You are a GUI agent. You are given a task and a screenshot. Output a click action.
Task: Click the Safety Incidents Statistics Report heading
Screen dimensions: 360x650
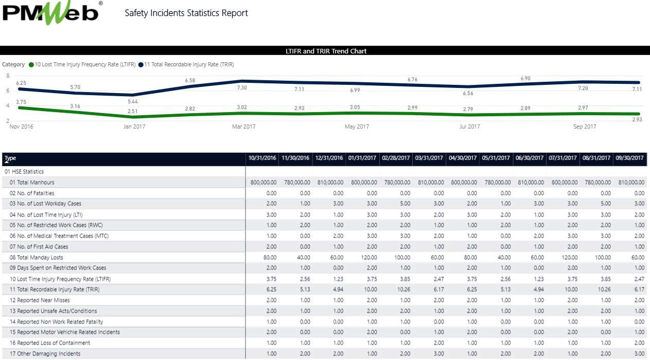[x=186, y=13]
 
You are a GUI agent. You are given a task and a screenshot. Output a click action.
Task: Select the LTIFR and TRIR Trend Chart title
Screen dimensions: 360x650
[x=326, y=51]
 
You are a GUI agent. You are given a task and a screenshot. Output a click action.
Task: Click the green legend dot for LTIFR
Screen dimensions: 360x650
[x=31, y=65]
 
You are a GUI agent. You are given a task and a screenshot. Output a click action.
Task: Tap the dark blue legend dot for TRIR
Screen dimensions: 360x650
[x=140, y=65]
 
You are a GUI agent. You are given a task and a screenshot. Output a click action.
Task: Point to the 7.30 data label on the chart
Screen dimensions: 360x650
[x=241, y=88]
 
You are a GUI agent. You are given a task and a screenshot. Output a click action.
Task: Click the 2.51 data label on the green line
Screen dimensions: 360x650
[x=133, y=111]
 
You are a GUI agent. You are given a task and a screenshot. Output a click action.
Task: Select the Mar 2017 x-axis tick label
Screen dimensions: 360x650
[x=243, y=127]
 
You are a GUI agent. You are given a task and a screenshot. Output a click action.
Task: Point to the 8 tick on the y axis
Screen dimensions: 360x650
[x=8, y=76]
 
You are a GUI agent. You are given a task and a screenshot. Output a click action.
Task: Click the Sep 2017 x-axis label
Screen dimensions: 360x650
[x=585, y=127]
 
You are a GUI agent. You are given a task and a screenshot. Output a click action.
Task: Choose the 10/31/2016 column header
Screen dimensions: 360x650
[x=262, y=158]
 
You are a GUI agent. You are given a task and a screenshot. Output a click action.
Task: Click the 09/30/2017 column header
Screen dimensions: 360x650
[x=629, y=158]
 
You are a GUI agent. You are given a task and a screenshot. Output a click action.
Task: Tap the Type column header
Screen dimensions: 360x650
[x=10, y=158]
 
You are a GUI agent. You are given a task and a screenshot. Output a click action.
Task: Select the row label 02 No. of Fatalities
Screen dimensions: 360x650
[x=32, y=193]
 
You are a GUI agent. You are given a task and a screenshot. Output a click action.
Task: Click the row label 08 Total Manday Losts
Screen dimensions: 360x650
[x=37, y=258]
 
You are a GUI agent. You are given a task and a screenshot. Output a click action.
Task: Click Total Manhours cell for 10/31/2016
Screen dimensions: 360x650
[x=263, y=183]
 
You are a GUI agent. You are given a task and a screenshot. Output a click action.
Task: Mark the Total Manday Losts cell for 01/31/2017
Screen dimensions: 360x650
[x=364, y=258]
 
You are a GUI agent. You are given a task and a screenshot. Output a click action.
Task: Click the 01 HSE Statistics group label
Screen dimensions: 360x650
[x=24, y=172]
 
